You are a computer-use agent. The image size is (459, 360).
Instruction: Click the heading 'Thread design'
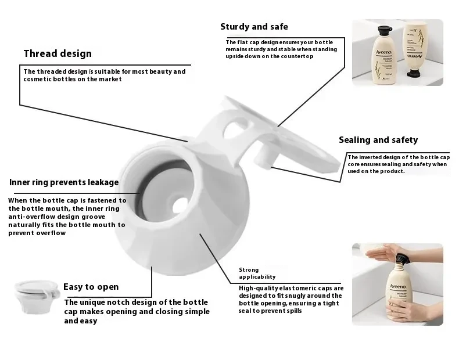58,54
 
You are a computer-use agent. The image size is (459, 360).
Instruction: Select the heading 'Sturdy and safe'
254,27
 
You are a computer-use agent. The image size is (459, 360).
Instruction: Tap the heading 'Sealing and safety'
378,140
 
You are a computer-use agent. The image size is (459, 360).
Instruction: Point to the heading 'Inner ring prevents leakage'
64,182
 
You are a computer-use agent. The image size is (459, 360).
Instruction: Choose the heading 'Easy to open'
91,287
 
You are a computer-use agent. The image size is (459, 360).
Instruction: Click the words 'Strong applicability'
257,273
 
